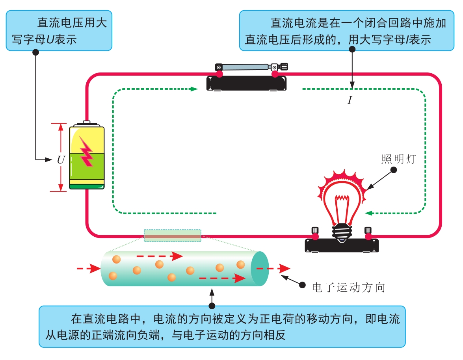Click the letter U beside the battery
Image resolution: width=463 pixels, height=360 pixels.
pyautogui.click(x=61, y=160)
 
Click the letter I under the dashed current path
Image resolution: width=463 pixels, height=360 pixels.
pyautogui.click(x=350, y=100)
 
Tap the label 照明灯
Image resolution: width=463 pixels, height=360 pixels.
pyautogui.click(x=399, y=159)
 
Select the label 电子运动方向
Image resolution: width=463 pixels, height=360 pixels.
pyautogui.click(x=349, y=287)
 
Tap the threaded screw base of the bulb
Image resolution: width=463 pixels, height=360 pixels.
pyautogui.click(x=342, y=232)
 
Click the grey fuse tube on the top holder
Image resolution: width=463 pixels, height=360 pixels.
pyautogui.click(x=245, y=67)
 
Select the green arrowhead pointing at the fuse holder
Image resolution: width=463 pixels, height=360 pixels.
pyautogui.click(x=194, y=89)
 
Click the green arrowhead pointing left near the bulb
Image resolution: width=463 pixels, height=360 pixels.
pyautogui.click(x=368, y=213)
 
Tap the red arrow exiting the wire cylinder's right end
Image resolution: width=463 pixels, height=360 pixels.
pyautogui.click(x=273, y=269)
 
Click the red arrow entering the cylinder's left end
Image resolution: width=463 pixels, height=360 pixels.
pyautogui.click(x=89, y=269)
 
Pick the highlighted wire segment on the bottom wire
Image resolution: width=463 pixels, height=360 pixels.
pyautogui.click(x=173, y=236)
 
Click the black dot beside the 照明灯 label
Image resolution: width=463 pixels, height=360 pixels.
pyautogui.click(x=393, y=170)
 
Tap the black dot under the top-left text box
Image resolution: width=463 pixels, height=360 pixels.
pyautogui.click(x=35, y=52)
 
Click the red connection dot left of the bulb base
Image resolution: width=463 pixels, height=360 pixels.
pyautogui.click(x=315, y=236)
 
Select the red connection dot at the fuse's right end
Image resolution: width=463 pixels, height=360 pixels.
pyautogui.click(x=275, y=74)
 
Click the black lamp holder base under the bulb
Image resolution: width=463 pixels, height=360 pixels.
pyautogui.click(x=342, y=245)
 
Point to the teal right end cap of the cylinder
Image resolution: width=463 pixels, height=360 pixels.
pyautogui.click(x=260, y=269)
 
